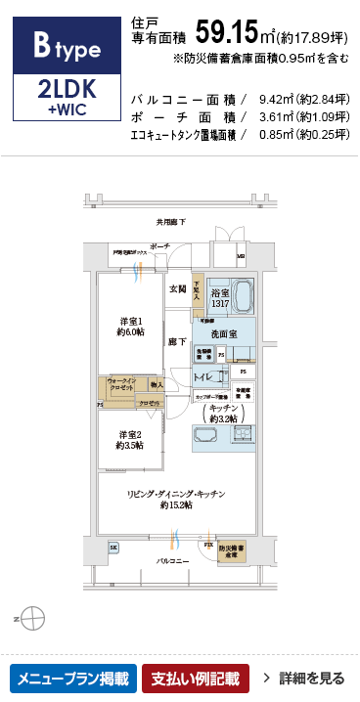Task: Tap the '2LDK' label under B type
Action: point(65,89)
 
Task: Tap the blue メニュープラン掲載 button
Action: point(71,677)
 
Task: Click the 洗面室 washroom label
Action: point(220,334)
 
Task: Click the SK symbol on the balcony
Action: point(114,548)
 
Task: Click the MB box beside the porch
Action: point(242,257)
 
